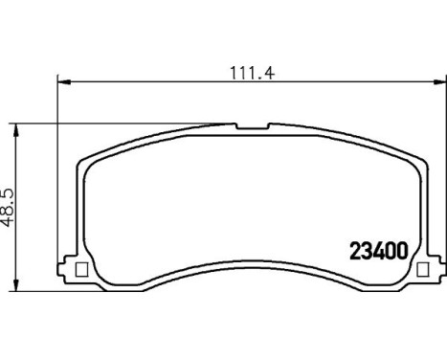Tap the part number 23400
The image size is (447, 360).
coord(375,247)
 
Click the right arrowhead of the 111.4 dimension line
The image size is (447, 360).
coord(439,82)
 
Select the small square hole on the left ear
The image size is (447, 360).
coord(80,269)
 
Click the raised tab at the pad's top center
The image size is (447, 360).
coord(252,125)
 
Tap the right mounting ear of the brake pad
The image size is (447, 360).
coord(427,269)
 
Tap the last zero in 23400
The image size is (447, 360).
coord(402,247)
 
